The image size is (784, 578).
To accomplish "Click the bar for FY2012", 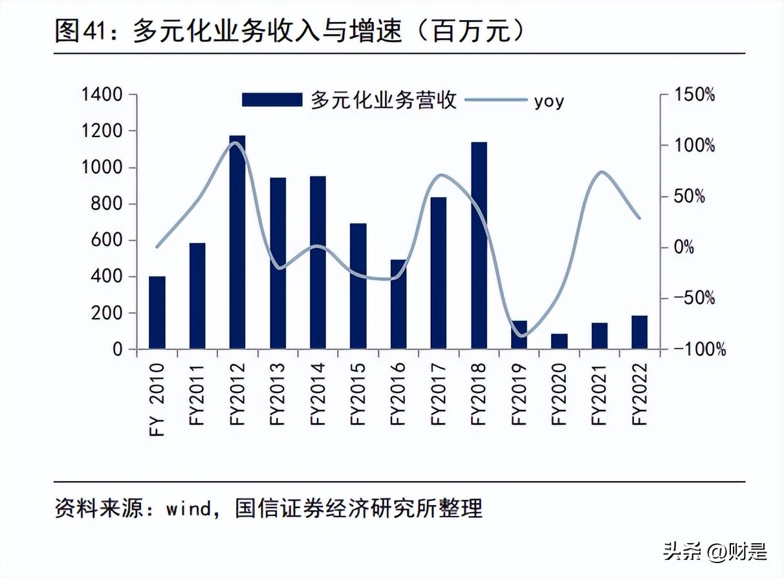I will [237, 242].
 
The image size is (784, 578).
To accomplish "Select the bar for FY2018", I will [479, 246].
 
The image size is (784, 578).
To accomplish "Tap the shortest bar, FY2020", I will [560, 341].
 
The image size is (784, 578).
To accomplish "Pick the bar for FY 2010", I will [157, 313].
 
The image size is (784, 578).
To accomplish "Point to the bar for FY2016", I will [398, 305].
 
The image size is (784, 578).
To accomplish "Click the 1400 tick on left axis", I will [102, 95].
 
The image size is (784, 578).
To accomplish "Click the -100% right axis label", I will [697, 350].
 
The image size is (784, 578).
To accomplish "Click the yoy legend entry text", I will [549, 101].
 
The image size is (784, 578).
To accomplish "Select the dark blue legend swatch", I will [272, 100].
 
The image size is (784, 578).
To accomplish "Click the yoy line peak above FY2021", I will [600, 172].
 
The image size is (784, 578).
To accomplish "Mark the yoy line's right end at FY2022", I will [640, 218].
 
